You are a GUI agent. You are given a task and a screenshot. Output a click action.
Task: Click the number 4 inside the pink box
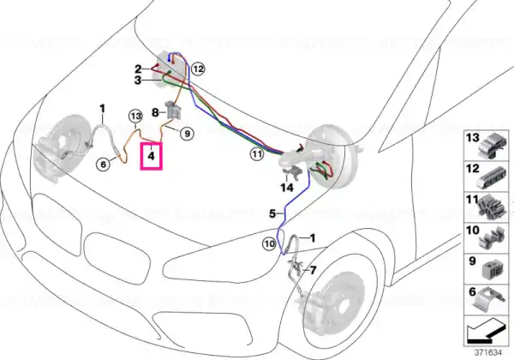click(151, 156)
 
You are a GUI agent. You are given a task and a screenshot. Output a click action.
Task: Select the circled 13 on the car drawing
click(134, 115)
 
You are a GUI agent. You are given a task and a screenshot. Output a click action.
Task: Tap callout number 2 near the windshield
click(137, 68)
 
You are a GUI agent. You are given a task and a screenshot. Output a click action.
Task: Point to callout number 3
click(137, 81)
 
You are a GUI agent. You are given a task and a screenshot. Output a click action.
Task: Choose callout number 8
click(155, 111)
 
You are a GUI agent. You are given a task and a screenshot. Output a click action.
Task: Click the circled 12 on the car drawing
click(199, 68)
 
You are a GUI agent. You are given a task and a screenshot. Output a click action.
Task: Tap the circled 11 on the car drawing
click(255, 154)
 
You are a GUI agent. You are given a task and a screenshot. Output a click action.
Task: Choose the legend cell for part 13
click(484, 147)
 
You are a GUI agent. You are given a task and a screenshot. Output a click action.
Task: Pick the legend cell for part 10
click(484, 237)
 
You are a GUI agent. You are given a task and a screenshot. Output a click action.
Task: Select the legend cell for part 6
click(484, 297)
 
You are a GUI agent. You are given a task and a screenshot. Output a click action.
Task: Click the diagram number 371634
click(490, 351)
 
